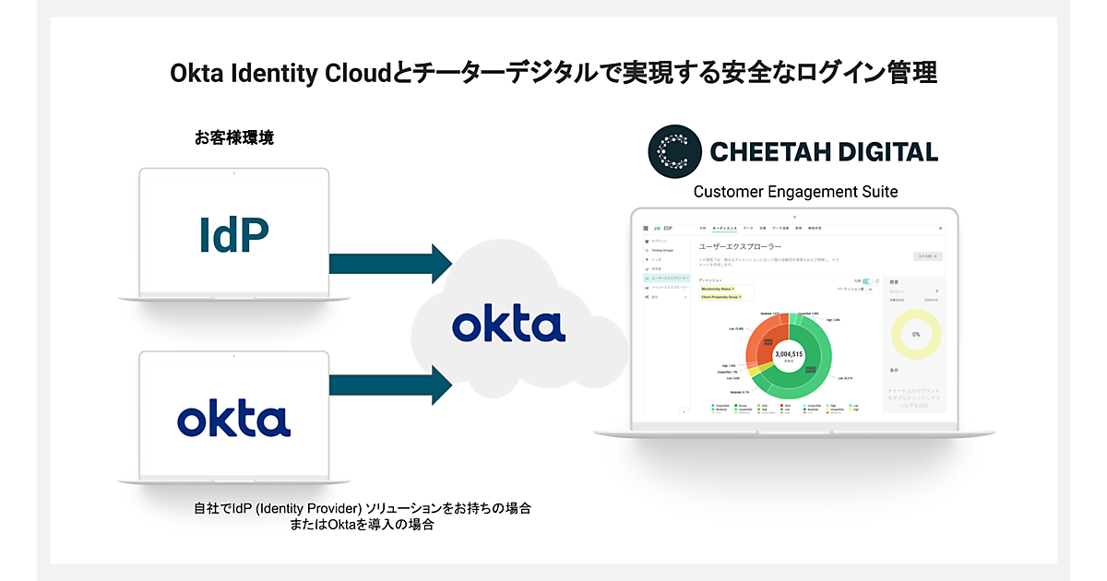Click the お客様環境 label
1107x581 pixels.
pos(233,138)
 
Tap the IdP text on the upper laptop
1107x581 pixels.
pos(233,235)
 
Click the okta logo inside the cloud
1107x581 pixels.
pos(508,326)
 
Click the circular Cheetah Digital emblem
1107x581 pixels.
pos(674,151)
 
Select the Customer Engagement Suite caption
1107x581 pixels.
pos(795,192)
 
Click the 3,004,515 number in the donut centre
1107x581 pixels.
pos(789,354)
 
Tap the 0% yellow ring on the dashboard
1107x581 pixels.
pos(916,335)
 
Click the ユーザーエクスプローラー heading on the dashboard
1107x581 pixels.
pos(740,247)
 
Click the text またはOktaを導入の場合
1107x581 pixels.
pos(362,525)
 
